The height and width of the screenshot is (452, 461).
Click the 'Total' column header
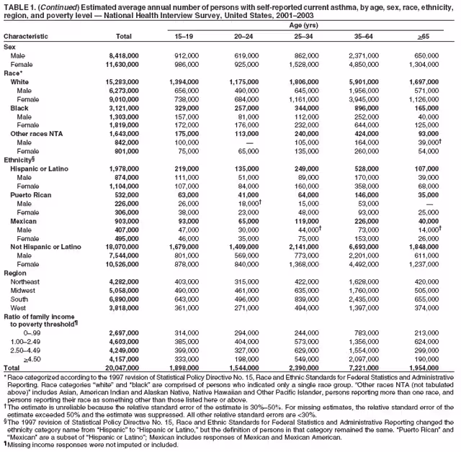tap(124, 36)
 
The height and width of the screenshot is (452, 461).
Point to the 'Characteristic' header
tap(27, 36)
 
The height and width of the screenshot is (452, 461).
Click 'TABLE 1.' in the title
tap(20, 6)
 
